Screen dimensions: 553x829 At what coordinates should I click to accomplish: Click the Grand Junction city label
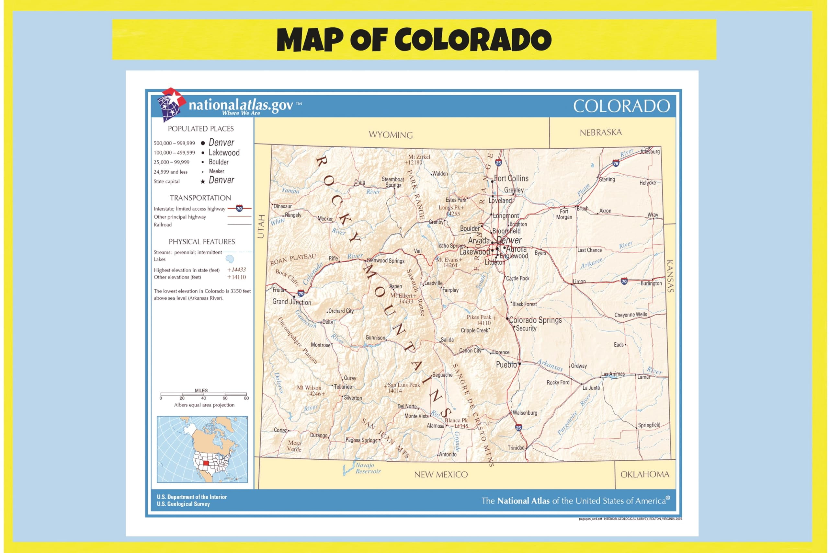pyautogui.click(x=291, y=302)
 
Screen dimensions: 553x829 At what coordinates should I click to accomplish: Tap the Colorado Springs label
pyautogui.click(x=535, y=320)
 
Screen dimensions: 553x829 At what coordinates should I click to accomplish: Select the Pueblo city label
pyautogui.click(x=506, y=365)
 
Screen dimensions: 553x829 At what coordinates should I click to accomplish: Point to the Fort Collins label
pyautogui.click(x=511, y=179)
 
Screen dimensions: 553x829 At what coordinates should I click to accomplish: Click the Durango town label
pyautogui.click(x=319, y=435)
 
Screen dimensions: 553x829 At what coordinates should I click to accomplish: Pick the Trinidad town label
pyautogui.click(x=516, y=448)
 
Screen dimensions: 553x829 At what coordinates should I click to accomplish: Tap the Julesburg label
pyautogui.click(x=650, y=152)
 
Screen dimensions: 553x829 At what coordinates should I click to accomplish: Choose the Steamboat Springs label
pyautogui.click(x=393, y=182)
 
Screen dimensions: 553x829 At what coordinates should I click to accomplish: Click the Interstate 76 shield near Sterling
pyautogui.click(x=616, y=163)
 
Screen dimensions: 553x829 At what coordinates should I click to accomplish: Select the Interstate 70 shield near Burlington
pyautogui.click(x=624, y=281)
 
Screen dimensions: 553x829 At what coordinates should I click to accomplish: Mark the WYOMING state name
pyautogui.click(x=391, y=135)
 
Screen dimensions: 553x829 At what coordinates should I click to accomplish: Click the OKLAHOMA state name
pyautogui.click(x=645, y=474)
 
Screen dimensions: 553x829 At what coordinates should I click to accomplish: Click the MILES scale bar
pyautogui.click(x=203, y=394)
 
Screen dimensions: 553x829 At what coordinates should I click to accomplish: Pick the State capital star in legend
pyautogui.click(x=203, y=182)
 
